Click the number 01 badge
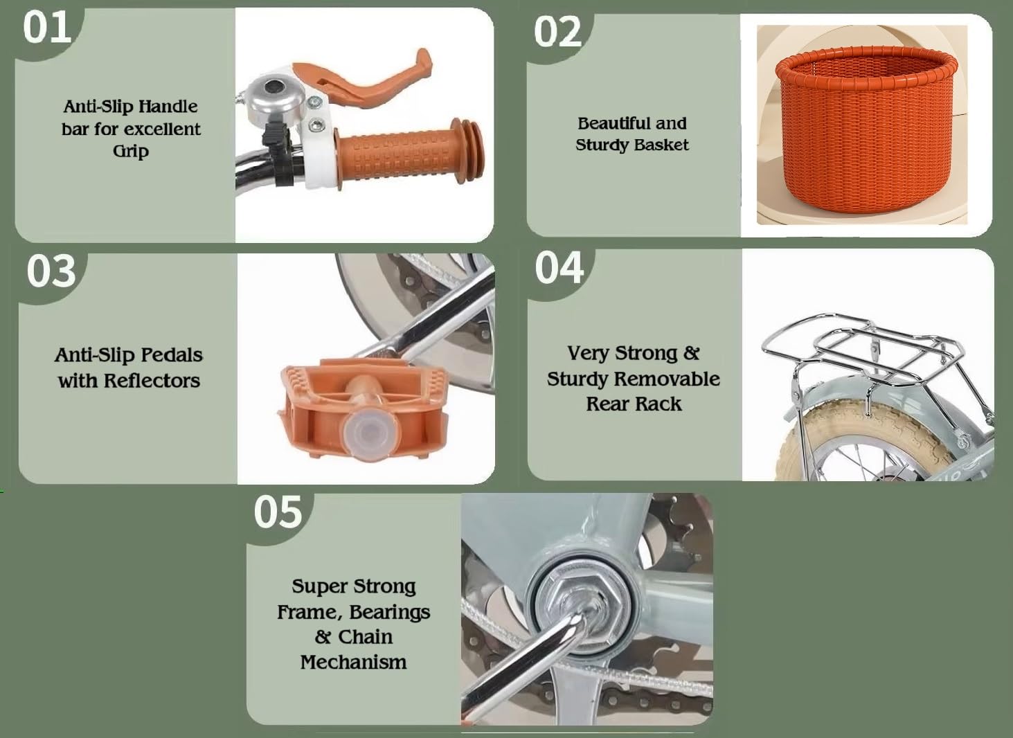click(x=47, y=28)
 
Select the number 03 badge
click(x=51, y=271)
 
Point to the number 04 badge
click(x=559, y=268)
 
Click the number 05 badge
click(x=278, y=512)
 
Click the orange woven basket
click(x=866, y=130)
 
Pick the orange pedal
click(x=361, y=409)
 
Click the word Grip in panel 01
click(x=131, y=151)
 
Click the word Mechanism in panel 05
click(x=353, y=662)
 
